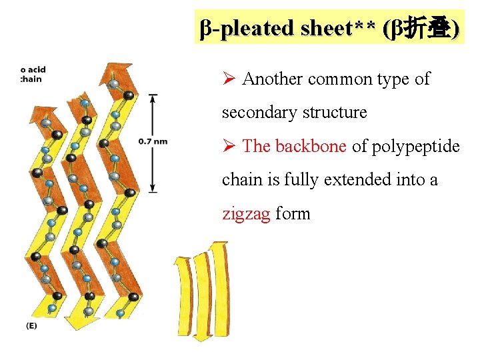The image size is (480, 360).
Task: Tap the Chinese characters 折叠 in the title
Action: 427,28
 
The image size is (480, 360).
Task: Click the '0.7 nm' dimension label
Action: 153,141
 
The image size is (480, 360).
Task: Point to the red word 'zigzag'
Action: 246,213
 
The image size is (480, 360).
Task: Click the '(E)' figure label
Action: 31,325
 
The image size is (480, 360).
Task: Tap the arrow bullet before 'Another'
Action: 228,79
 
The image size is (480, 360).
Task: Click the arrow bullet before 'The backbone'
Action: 228,147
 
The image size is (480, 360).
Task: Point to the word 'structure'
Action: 335,113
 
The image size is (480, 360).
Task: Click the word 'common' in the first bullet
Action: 341,79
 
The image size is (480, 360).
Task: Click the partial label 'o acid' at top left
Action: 33,69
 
